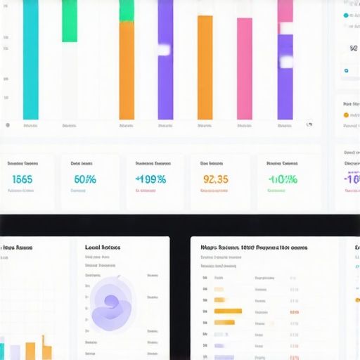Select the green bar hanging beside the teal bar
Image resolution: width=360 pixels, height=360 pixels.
70,21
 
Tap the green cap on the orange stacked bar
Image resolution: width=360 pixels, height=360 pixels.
127,10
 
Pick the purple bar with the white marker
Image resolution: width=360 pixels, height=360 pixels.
165,60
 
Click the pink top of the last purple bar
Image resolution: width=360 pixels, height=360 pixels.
285,11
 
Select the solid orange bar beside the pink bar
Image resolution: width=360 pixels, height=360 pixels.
205,67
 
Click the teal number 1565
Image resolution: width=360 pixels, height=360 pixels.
22,179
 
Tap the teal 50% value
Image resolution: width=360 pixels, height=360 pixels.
84,179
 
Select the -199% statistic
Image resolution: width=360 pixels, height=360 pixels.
150,179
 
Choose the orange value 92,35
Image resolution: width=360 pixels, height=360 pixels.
215,179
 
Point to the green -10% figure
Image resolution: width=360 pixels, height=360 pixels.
283,179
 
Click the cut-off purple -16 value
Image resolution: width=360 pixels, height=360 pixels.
352,179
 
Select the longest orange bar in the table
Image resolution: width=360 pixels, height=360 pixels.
228,311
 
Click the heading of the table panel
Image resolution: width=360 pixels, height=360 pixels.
253,247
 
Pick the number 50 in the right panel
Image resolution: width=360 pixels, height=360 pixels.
353,48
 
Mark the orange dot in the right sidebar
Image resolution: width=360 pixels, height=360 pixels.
346,115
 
